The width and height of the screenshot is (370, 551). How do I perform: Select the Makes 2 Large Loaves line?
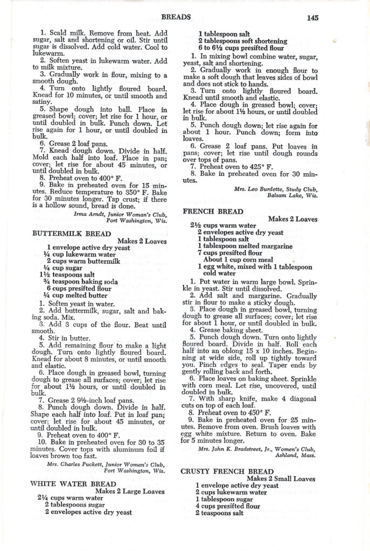pyautogui.click(x=129, y=491)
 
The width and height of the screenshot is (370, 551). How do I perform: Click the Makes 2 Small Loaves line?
pyautogui.click(x=281, y=478)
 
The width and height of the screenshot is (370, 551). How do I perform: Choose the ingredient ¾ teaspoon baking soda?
pyautogui.click(x=81, y=280)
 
